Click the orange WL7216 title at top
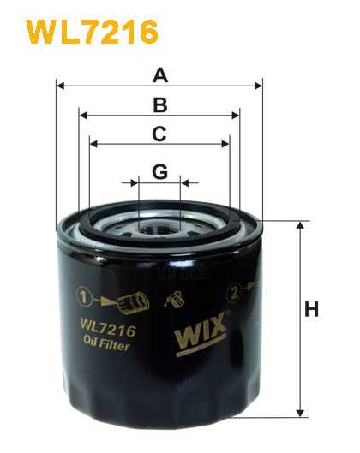pyautogui.click(x=92, y=32)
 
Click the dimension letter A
pyautogui.click(x=160, y=75)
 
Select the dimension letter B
pyautogui.click(x=160, y=105)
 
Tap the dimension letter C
pyautogui.click(x=159, y=134)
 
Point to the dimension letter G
pyautogui.click(x=159, y=172)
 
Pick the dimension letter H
pyautogui.click(x=311, y=309)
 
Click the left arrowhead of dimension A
pyautogui.click(x=60, y=86)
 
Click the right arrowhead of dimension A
pyautogui.click(x=258, y=86)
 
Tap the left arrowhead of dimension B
pyautogui.click(x=83, y=116)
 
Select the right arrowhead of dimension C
pyautogui.click(x=225, y=144)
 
